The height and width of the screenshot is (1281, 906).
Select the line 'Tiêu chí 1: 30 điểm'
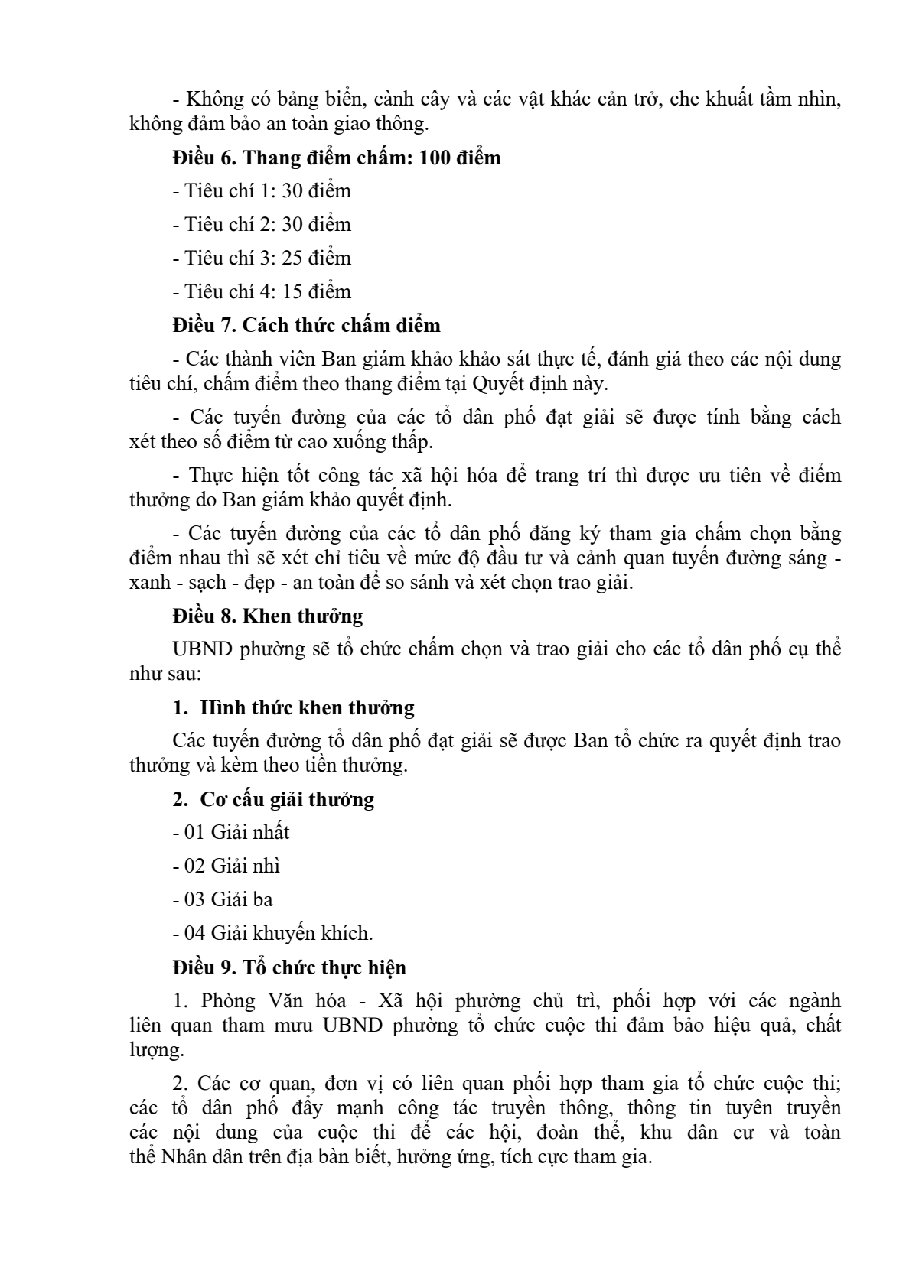[x=262, y=190]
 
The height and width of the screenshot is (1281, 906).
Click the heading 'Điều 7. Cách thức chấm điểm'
[x=306, y=325]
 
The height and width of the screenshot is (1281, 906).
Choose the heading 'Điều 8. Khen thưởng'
[x=268, y=616]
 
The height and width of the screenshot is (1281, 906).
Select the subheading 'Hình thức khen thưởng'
[x=307, y=707]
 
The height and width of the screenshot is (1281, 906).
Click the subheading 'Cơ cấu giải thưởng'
[x=287, y=799]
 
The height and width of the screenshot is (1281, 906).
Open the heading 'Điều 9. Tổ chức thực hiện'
[x=289, y=967]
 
